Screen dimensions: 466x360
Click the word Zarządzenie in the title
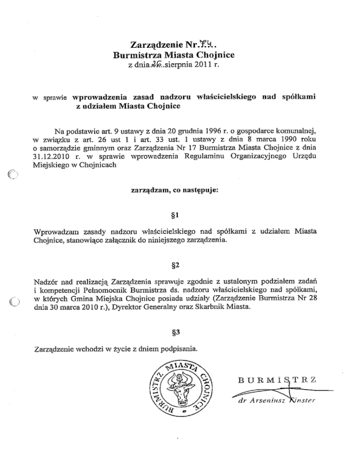[152, 45]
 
